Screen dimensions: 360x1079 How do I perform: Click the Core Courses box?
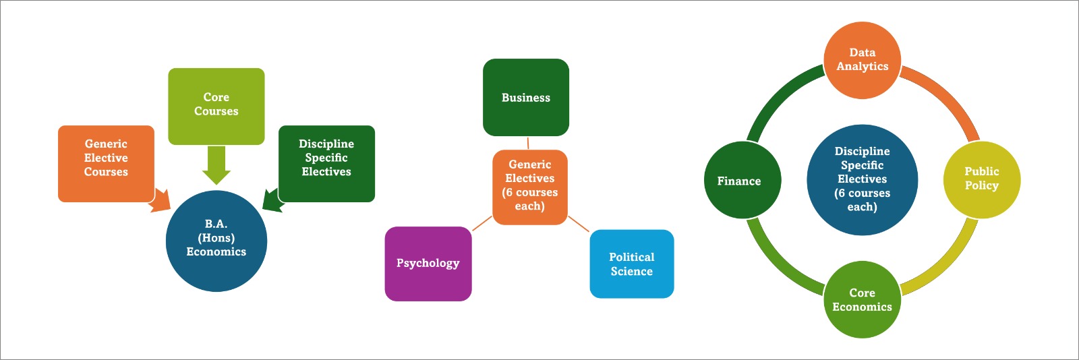pos(216,106)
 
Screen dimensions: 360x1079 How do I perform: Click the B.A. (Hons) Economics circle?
pos(216,241)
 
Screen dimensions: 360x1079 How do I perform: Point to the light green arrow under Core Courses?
pos(216,164)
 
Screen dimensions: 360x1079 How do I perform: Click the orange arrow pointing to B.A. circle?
pos(161,201)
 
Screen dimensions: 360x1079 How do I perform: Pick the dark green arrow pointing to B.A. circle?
pos(272,201)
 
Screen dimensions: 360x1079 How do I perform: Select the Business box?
pos(526,97)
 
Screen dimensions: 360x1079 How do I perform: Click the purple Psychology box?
pos(428,264)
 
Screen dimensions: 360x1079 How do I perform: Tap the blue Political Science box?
pos(632,264)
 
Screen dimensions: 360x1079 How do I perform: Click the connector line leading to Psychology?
pos(482,224)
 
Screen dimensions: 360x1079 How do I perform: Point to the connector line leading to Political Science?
pos(579,224)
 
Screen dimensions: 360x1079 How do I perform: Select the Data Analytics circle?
pos(863,60)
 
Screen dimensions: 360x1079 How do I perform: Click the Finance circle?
pos(742,180)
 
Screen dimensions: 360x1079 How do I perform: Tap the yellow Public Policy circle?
pos(981,179)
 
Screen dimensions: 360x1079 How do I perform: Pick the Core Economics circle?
pos(863,299)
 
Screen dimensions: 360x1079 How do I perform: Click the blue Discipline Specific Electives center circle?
pos(863,179)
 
